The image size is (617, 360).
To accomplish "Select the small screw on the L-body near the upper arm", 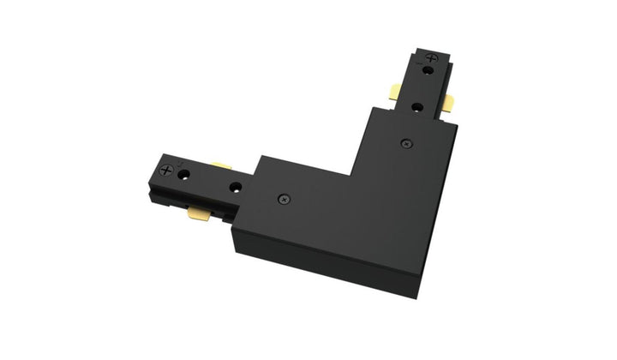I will point(405,141).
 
